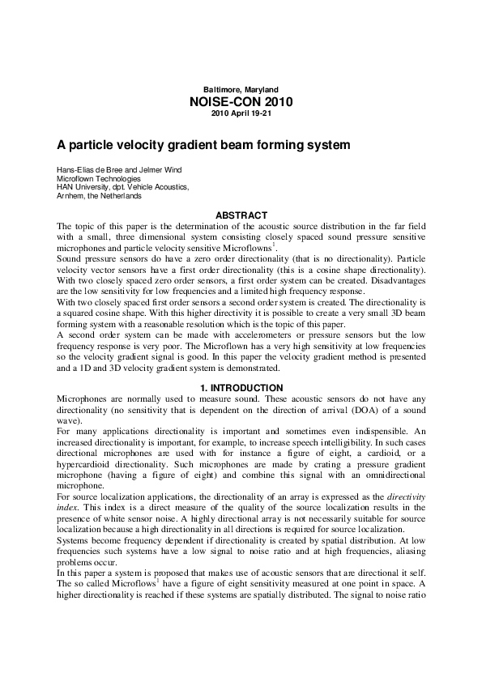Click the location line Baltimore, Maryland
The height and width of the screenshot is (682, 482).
(x=240, y=88)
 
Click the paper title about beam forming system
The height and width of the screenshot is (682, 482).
(x=203, y=146)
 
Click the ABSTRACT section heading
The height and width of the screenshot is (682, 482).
(x=240, y=215)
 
